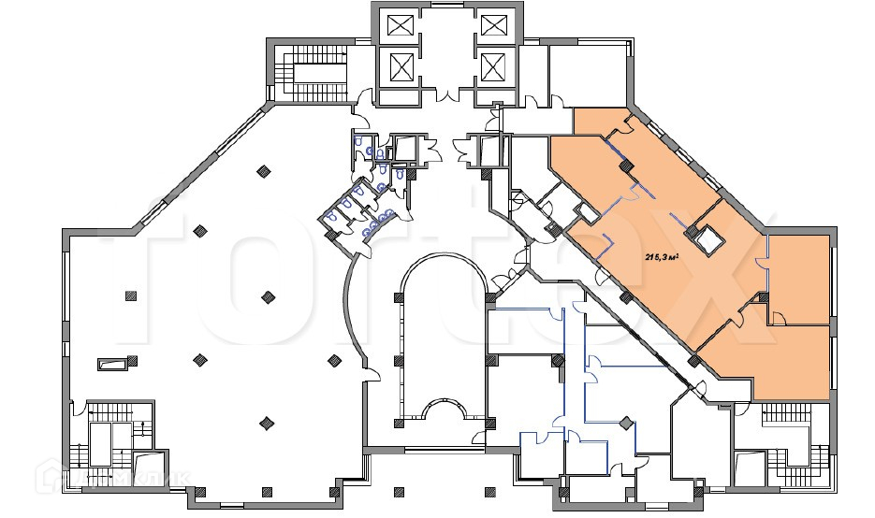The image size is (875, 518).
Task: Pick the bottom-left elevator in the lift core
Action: [x=401, y=66]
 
